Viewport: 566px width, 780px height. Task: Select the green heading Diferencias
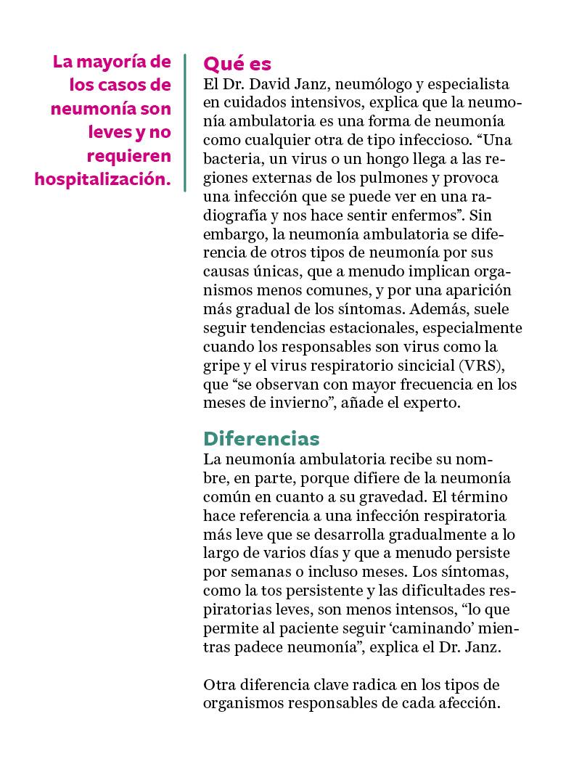pos(261,439)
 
